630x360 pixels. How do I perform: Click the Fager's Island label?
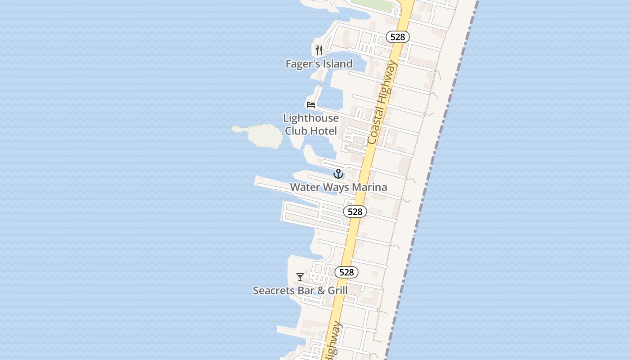click(319, 64)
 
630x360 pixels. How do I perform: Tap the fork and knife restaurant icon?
click(319, 50)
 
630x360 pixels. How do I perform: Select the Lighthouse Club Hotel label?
click(310, 124)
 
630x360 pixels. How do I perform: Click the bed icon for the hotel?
click(310, 105)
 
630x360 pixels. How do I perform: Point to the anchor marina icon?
click(338, 174)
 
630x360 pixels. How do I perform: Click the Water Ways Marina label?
click(338, 187)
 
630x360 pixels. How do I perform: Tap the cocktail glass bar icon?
click(300, 277)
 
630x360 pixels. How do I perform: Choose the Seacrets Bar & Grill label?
click(300, 291)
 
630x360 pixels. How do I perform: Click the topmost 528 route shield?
click(397, 37)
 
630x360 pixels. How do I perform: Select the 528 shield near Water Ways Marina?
click(355, 211)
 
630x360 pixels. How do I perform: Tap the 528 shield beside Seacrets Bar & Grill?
click(346, 272)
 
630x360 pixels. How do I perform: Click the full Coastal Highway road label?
click(382, 103)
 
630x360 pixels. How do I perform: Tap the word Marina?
click(370, 187)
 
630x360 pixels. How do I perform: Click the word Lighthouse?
click(310, 118)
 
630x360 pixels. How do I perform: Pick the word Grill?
click(337, 291)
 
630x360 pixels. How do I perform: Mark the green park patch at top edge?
click(373, 4)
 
